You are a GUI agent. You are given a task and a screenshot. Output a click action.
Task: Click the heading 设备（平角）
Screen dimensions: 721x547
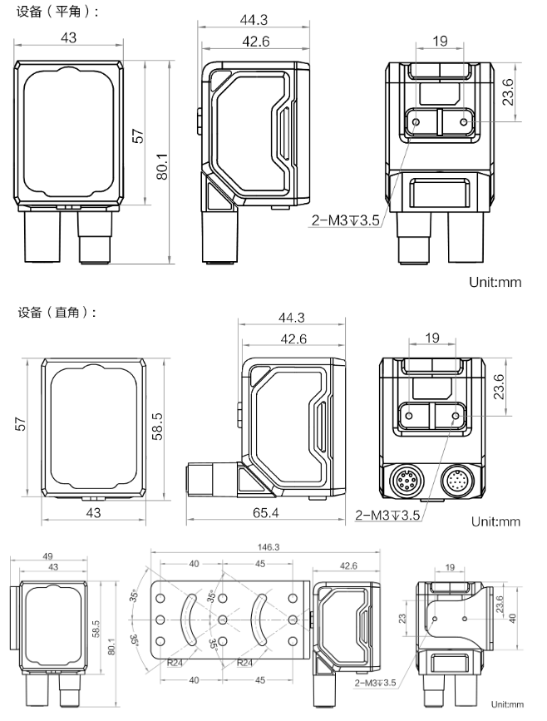tap(57, 12)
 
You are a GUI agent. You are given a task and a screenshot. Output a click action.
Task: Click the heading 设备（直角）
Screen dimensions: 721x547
tap(57, 314)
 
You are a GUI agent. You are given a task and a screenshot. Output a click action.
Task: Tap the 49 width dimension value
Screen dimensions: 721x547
tap(47, 556)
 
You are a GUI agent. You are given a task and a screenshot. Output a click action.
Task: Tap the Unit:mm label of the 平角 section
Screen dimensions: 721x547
tap(495, 281)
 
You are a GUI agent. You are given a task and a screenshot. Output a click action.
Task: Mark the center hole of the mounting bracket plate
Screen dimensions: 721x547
tap(223, 620)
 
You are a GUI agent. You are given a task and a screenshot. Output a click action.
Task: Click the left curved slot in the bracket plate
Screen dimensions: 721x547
tap(189, 620)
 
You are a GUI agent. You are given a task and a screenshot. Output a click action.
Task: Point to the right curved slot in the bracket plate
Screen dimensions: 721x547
tap(259, 620)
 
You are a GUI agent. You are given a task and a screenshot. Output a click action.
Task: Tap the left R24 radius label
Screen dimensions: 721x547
tap(175, 663)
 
